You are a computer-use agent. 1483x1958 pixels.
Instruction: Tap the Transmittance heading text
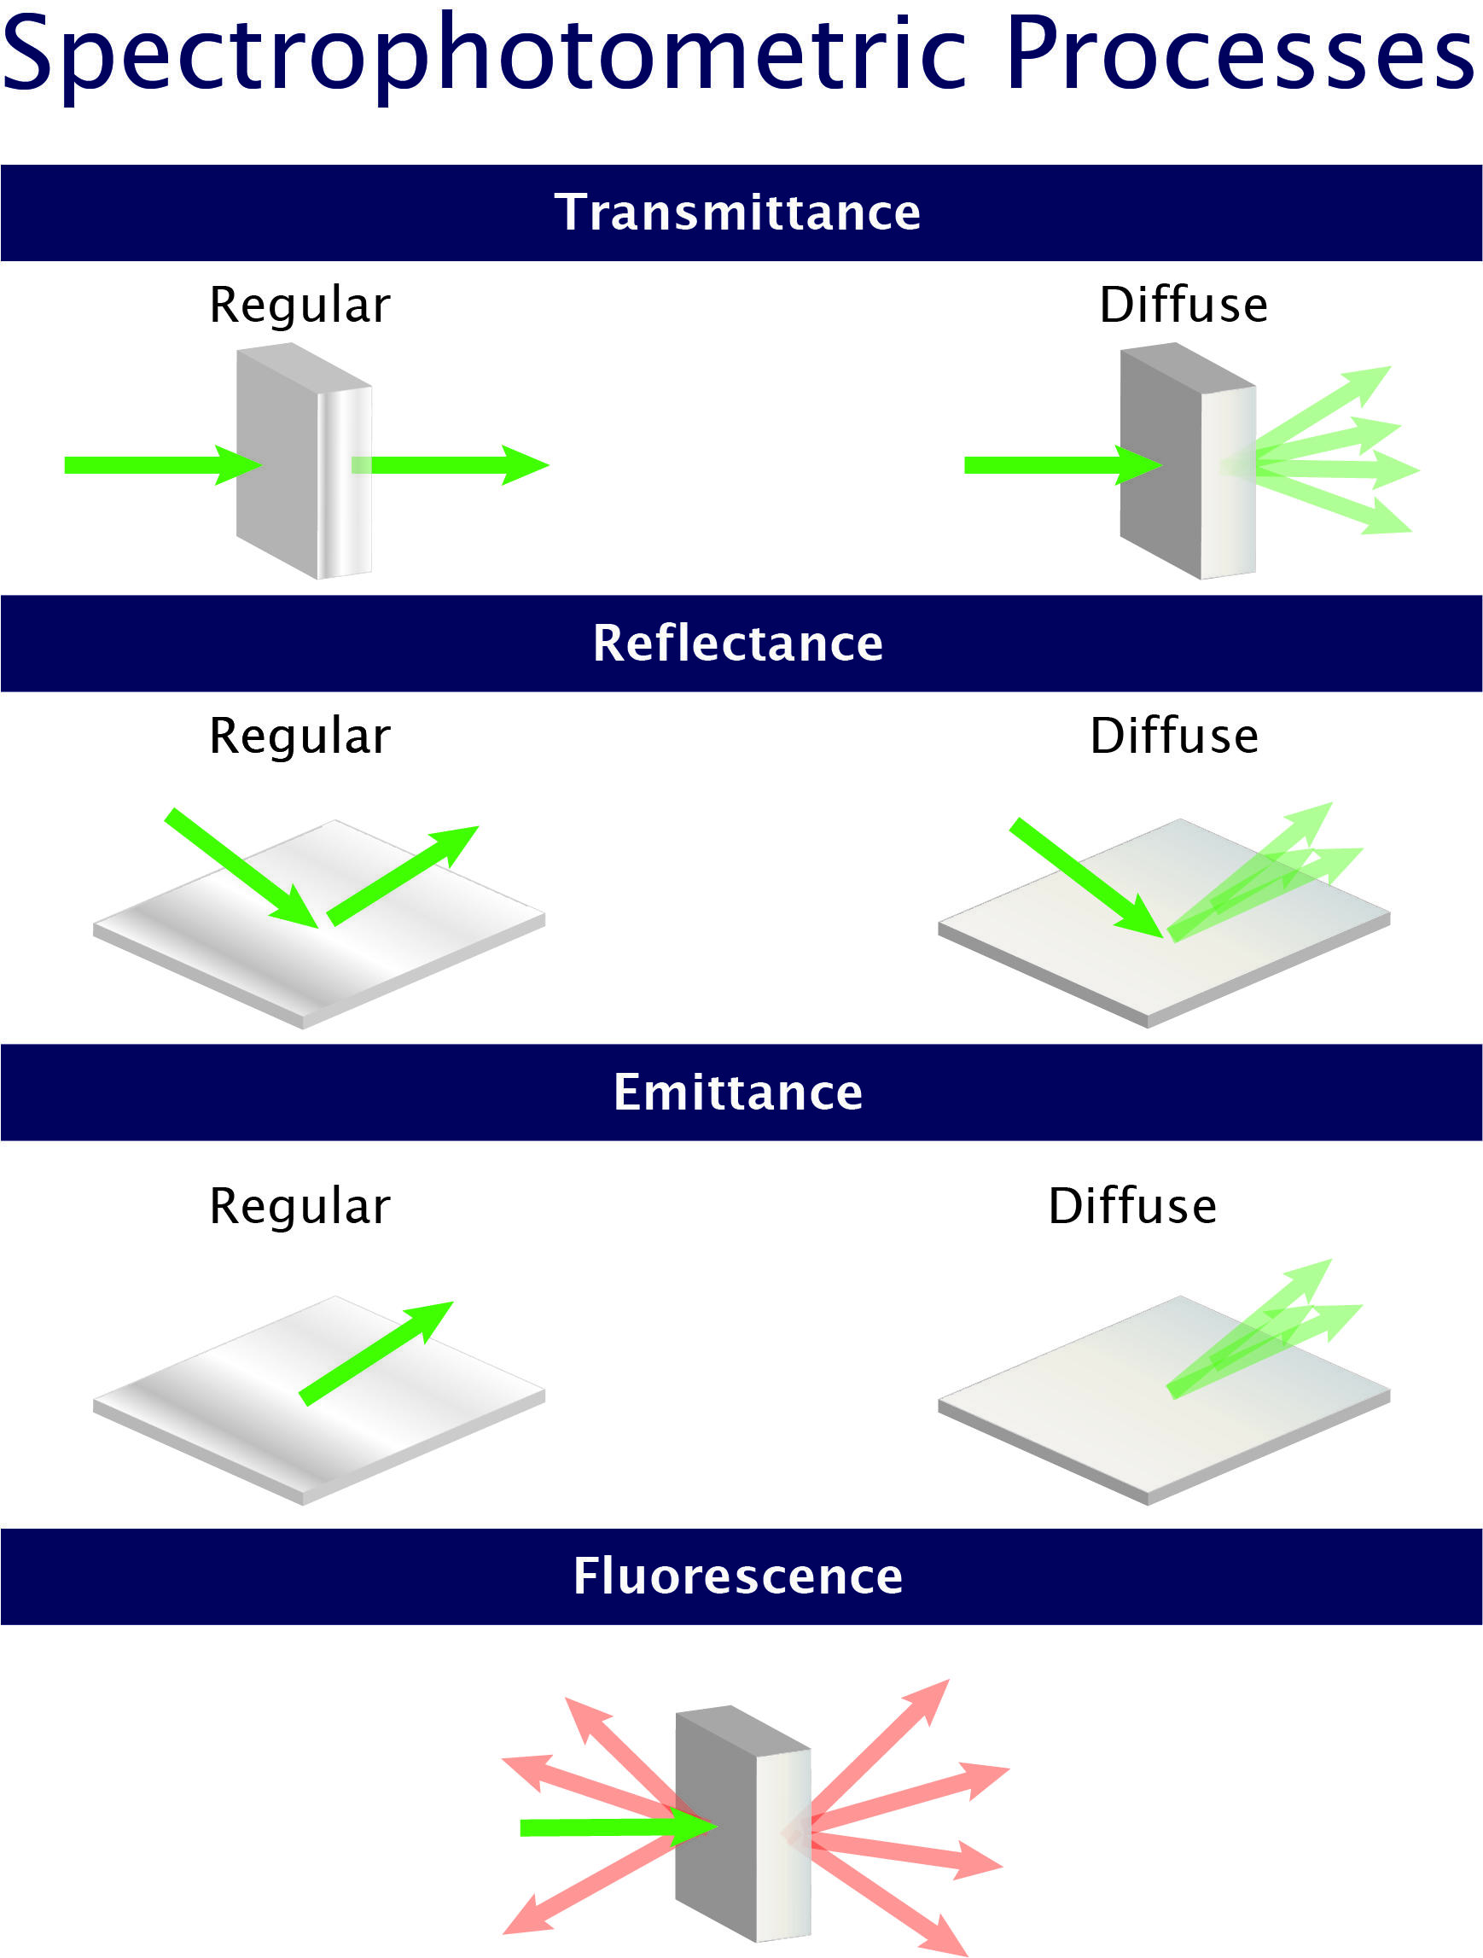738,213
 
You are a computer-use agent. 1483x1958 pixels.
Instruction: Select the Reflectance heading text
738,644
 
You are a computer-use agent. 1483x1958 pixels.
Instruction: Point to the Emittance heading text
738,1093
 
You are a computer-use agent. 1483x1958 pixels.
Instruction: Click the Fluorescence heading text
738,1576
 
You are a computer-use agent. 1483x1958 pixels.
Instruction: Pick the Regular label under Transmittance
300,306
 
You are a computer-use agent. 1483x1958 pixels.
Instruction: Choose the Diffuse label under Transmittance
1183,306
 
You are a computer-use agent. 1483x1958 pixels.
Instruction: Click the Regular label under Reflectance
300,737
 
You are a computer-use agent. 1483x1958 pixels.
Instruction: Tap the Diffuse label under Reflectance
1173,737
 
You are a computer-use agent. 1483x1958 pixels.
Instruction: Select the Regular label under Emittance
300,1208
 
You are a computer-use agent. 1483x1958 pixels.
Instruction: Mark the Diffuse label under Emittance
1131,1207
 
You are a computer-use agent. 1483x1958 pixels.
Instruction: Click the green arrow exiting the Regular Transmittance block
451,465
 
